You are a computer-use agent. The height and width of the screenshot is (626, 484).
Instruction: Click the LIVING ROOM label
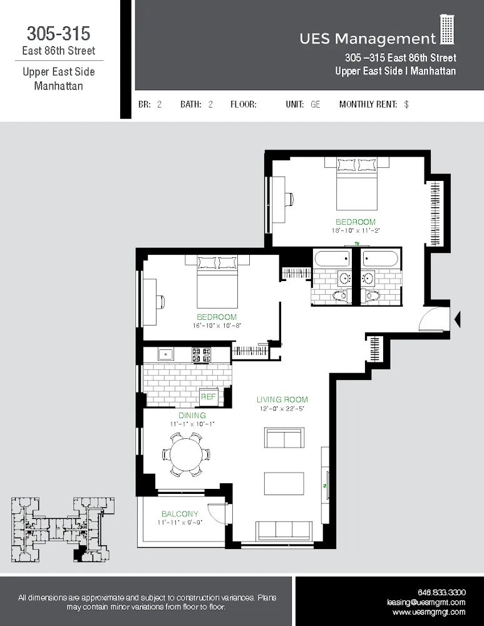[x=282, y=399]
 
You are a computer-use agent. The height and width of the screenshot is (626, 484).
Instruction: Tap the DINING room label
[x=192, y=415]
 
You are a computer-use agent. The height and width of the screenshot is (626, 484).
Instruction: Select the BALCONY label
[x=180, y=513]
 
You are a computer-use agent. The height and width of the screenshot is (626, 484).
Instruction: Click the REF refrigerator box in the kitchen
[x=208, y=397]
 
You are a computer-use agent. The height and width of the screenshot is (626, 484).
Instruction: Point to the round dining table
[x=187, y=453]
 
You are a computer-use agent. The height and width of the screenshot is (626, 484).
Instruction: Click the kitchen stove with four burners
[x=201, y=354]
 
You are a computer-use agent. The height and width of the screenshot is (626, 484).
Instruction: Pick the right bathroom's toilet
[x=373, y=295]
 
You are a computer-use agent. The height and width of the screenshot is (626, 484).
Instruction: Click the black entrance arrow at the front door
[x=457, y=319]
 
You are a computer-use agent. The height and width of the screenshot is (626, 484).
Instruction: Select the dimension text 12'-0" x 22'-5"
[x=282, y=409]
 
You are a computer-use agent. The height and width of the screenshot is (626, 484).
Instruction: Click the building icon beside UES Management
[x=447, y=30]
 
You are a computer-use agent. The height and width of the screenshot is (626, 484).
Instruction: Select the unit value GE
[x=315, y=105]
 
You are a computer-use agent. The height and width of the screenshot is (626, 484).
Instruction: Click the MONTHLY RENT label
[x=368, y=105]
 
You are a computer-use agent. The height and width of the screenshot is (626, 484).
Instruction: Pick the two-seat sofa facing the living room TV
[x=284, y=438]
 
